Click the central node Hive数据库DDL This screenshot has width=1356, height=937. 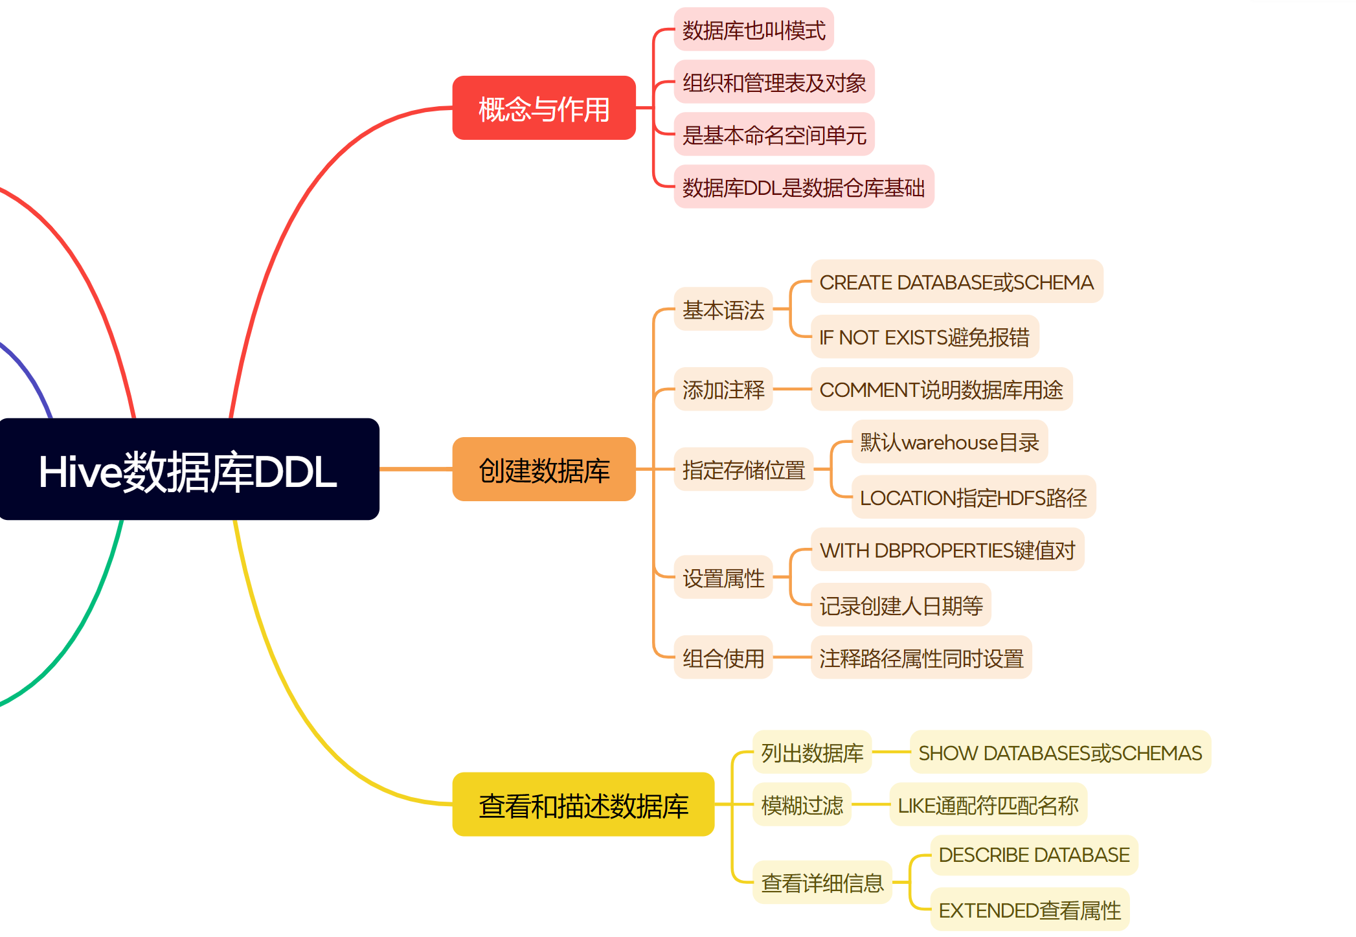[188, 469]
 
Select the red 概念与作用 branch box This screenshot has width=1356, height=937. [544, 108]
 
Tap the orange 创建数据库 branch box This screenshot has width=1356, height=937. [544, 469]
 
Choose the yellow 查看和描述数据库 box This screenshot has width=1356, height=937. [583, 805]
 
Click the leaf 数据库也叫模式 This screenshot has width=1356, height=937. [754, 30]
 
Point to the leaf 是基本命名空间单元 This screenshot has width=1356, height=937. [774, 135]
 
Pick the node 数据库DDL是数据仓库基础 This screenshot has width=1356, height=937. [804, 187]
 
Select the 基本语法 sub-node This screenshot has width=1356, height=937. [723, 310]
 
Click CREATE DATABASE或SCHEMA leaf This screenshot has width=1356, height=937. [956, 282]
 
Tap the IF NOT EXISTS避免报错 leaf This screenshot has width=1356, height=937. [924, 337]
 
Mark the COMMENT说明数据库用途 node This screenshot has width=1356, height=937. [941, 389]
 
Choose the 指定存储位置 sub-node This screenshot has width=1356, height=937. [743, 469]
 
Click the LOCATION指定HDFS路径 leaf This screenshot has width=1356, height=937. [973, 497]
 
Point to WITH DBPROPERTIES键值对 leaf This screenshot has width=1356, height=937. [947, 550]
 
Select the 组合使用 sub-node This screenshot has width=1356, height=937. [723, 658]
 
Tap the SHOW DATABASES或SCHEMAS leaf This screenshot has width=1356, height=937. [1060, 752]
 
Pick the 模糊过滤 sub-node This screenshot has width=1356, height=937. [802, 805]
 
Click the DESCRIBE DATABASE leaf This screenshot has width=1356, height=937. [1034, 855]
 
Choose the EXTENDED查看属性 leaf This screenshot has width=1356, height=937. [1030, 910]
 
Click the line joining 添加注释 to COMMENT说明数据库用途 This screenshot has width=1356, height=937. [792, 389]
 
